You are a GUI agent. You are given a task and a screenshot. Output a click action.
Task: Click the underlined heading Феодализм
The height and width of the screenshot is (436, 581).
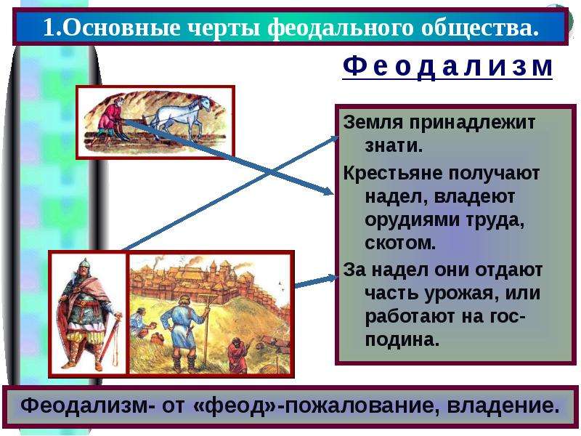coord(447,67)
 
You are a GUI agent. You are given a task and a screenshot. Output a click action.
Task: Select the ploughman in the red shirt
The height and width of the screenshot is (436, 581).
coord(110,121)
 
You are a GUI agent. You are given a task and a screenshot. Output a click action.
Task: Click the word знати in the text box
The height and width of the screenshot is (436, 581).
coord(394,146)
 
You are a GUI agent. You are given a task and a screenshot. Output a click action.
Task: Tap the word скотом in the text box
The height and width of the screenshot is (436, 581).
coord(400,243)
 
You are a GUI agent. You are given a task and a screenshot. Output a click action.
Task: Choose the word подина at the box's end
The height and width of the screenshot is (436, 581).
coord(402,339)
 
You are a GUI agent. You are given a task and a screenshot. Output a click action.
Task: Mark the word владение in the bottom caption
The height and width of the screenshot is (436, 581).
coord(503,405)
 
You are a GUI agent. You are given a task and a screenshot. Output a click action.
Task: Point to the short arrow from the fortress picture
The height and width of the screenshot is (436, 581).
coord(316,281)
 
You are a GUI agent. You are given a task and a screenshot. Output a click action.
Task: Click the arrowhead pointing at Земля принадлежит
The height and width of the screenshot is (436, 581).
coord(334,139)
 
